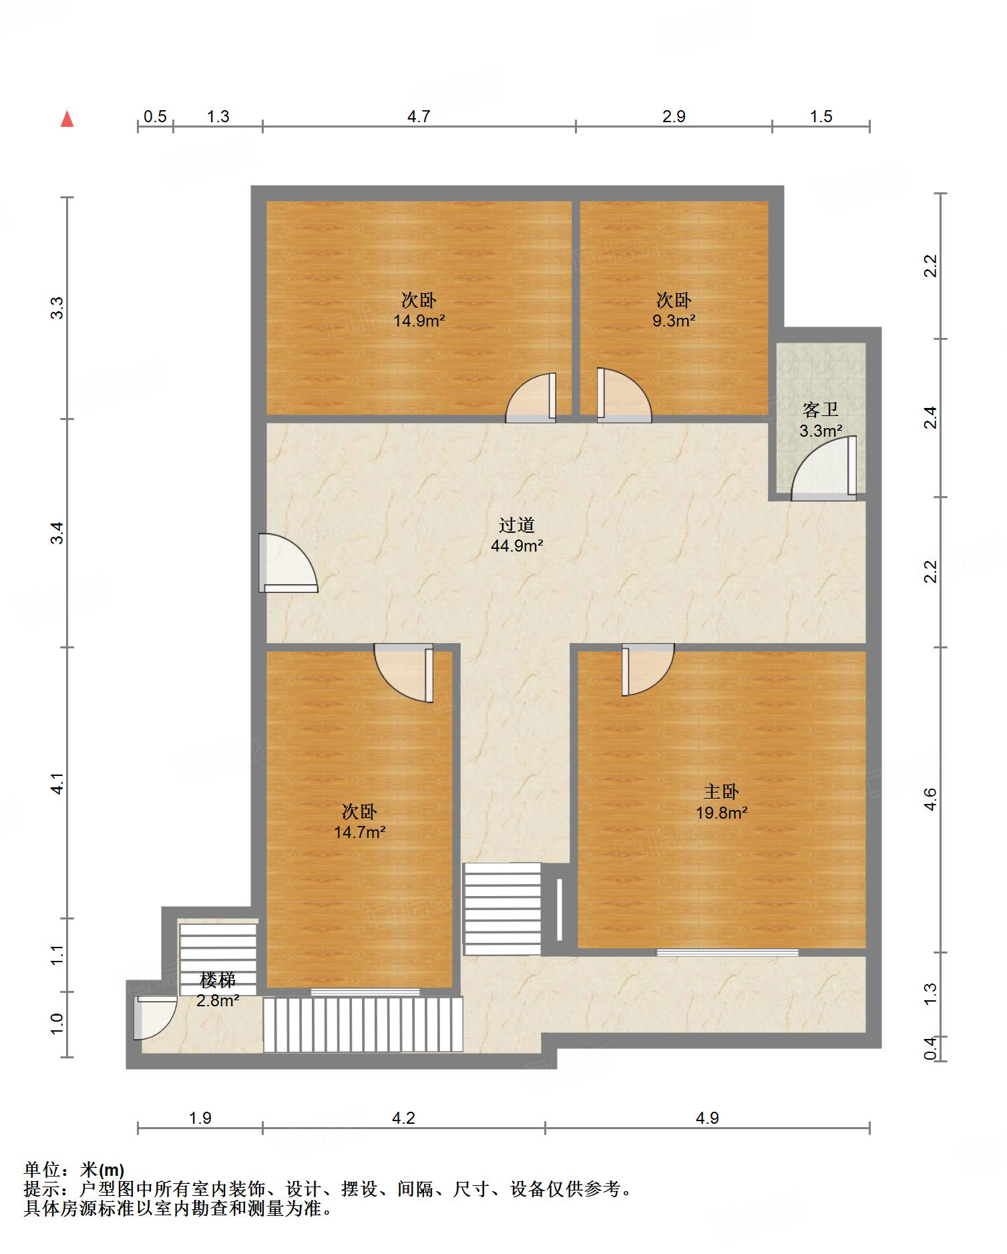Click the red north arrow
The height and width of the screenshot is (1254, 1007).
67,119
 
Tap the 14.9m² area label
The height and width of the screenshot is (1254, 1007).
419,321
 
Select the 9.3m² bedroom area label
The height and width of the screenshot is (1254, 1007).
674,321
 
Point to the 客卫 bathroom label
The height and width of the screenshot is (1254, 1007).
820,409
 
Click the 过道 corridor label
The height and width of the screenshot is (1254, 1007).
517,525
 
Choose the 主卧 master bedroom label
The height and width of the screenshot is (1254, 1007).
721,791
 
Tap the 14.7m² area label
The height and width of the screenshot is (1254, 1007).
360,832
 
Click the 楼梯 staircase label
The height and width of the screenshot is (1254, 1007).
218,980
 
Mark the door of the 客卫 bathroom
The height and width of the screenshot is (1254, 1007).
824,469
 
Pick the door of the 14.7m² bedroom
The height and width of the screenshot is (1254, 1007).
403,672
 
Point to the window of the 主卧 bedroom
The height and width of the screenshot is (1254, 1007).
727,952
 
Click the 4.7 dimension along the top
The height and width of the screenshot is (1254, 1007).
419,117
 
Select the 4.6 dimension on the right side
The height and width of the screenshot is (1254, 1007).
931,799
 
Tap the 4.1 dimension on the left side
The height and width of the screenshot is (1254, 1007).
57,783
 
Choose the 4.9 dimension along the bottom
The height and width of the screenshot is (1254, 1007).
707,1118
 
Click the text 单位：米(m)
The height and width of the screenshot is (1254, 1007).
74,1170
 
